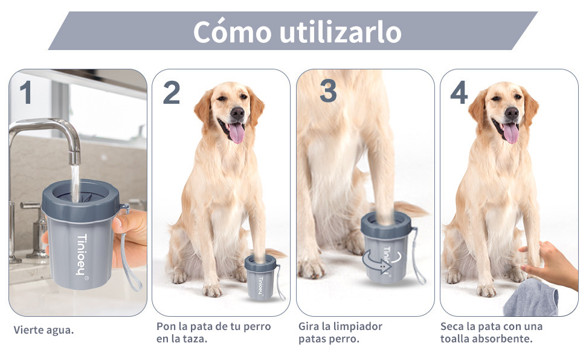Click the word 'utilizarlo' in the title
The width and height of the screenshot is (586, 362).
[340, 32]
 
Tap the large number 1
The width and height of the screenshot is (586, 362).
[26, 92]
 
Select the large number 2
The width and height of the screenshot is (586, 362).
[172, 92]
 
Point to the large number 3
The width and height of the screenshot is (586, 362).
[328, 91]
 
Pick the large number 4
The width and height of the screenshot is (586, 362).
[459, 92]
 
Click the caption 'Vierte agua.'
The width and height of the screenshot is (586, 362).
[43, 330]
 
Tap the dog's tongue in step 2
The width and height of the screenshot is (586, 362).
[237, 133]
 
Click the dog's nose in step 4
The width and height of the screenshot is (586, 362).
[512, 112]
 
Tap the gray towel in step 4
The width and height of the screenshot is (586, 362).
[530, 298]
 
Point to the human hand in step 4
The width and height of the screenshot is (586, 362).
[549, 263]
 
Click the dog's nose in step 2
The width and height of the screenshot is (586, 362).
[237, 112]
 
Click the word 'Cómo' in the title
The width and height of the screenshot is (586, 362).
[233, 32]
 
